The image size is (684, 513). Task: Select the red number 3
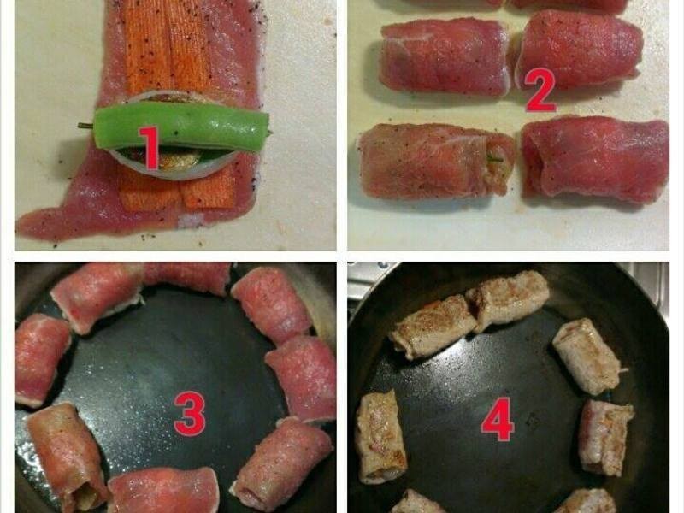click(189, 414)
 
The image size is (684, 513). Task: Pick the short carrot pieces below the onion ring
click(175, 192)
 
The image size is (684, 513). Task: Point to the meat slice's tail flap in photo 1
click(51, 224)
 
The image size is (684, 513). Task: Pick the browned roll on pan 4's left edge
click(379, 436)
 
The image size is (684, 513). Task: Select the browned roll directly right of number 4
click(605, 436)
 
